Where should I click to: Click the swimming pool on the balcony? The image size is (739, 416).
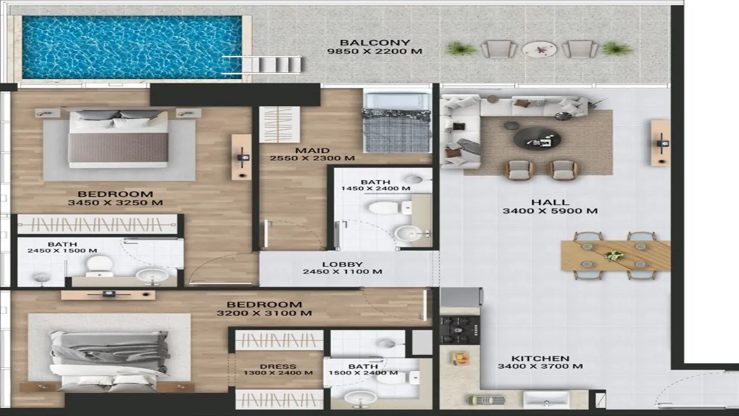pyautogui.click(x=132, y=47)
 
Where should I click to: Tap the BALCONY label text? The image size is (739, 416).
pyautogui.click(x=375, y=43)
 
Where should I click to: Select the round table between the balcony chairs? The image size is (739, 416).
pyautogui.click(x=539, y=50)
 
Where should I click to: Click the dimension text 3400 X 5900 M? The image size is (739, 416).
pyautogui.click(x=550, y=211)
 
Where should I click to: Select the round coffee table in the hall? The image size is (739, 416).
pyautogui.click(x=537, y=139)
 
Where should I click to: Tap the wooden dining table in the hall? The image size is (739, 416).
pyautogui.click(x=615, y=255)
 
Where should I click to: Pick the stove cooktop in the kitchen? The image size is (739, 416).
pyautogui.click(x=460, y=329)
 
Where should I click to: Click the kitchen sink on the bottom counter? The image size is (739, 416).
pyautogui.click(x=546, y=399)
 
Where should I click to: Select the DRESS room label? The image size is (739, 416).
pyautogui.click(x=278, y=366)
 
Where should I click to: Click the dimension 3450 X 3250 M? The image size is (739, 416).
pyautogui.click(x=115, y=203)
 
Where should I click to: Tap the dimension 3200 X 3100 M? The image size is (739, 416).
pyautogui.click(x=264, y=313)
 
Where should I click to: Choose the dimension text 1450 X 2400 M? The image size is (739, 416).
pyautogui.click(x=375, y=188)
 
